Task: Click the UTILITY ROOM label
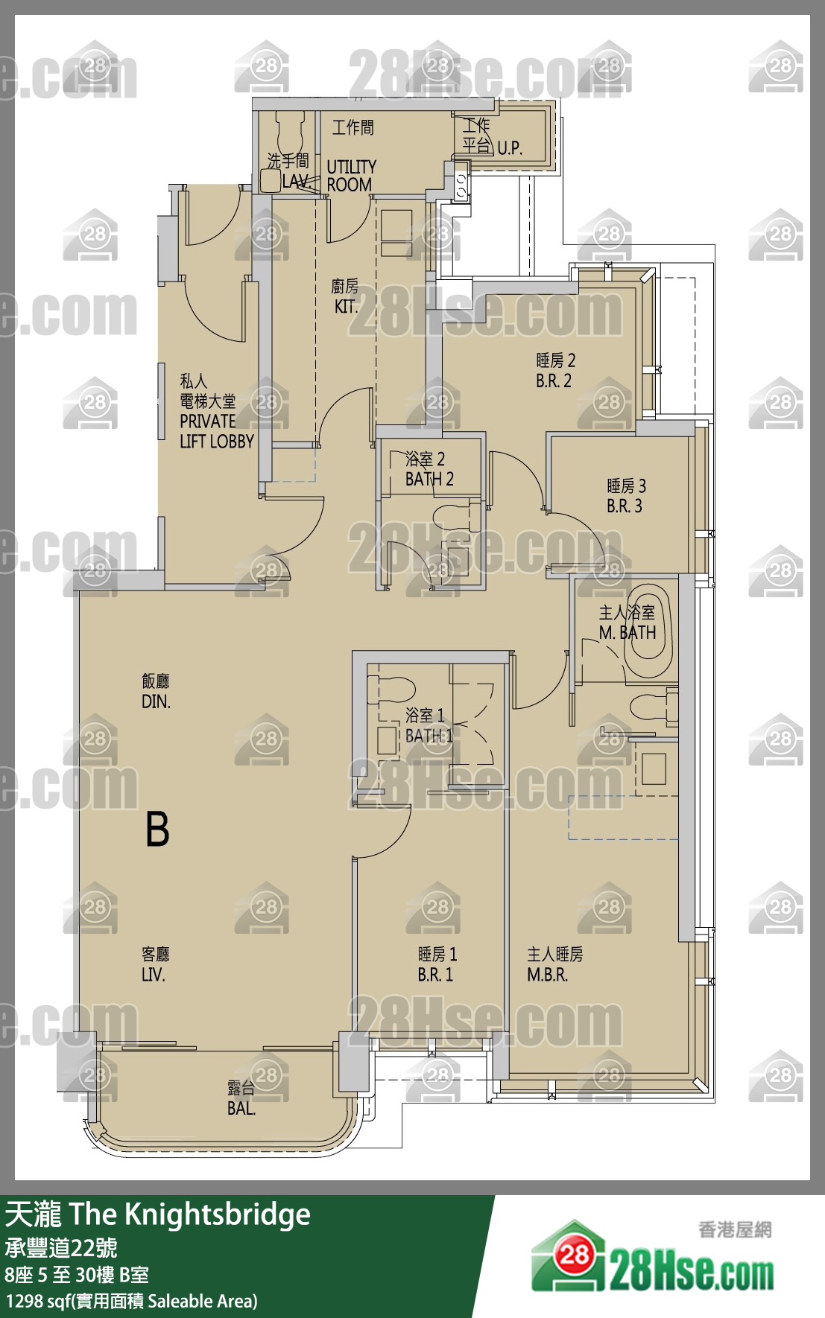[351, 176]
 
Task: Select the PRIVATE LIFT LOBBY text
[217, 431]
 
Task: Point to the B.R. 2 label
[554, 381]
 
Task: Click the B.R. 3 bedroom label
[625, 506]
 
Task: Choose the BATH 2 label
[429, 479]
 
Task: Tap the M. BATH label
[628, 633]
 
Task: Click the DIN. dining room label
[156, 701]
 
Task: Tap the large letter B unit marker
[157, 830]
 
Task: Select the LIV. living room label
[154, 975]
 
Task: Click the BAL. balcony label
[241, 1109]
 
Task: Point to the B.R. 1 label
[435, 975]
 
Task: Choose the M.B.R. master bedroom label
[548, 975]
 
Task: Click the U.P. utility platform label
[510, 147]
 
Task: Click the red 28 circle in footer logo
[574, 1256]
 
